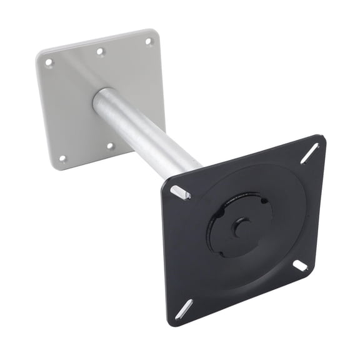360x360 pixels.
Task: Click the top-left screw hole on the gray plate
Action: (x=49, y=62)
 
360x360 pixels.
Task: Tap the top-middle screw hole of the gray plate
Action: (x=100, y=52)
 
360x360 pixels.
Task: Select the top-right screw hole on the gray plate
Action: (x=149, y=42)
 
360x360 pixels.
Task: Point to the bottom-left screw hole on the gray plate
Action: (x=62, y=159)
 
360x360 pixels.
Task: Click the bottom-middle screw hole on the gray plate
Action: (x=110, y=146)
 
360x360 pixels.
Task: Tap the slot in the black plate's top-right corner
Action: (x=309, y=153)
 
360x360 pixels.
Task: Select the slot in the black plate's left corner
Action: (x=180, y=191)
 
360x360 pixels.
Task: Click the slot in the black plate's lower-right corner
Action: (x=300, y=266)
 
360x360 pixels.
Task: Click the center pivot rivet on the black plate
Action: (x=241, y=227)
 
